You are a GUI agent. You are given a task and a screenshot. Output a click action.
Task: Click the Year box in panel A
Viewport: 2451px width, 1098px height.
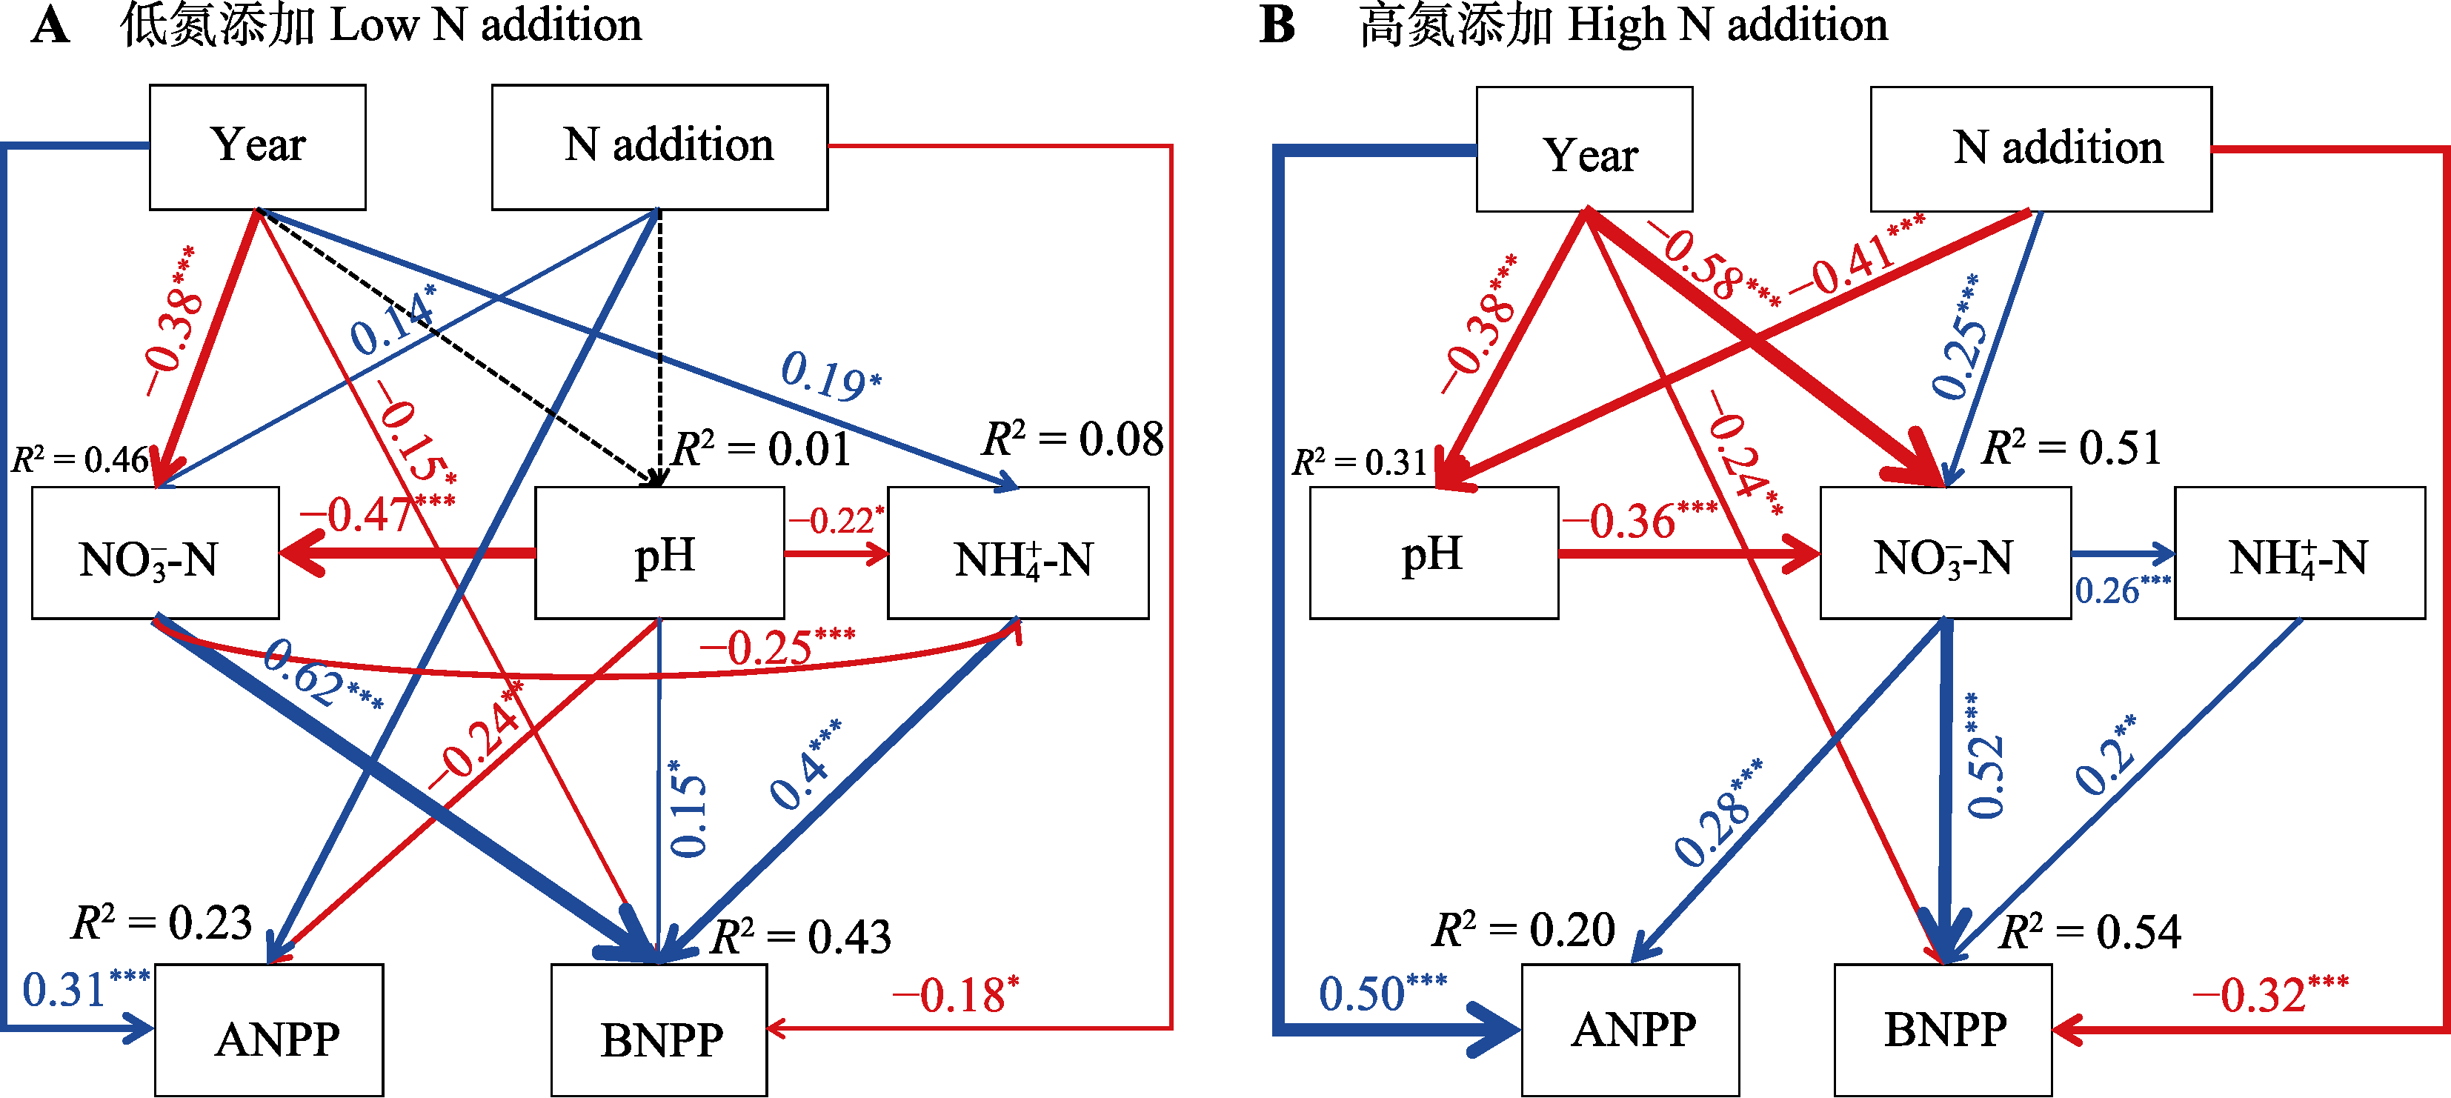click(257, 147)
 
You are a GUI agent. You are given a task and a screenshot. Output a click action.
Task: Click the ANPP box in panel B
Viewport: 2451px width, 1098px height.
click(1630, 1030)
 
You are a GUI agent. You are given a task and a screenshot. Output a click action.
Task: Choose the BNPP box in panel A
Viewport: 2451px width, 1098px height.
click(659, 1031)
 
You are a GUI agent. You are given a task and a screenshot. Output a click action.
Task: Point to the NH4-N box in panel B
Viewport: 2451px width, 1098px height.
click(2299, 553)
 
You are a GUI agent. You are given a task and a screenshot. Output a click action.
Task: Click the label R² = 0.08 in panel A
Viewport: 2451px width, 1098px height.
click(1072, 439)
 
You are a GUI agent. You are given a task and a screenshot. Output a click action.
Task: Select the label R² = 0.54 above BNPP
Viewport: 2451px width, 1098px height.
click(2089, 933)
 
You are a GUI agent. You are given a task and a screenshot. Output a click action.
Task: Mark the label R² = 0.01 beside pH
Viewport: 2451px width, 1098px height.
click(761, 448)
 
